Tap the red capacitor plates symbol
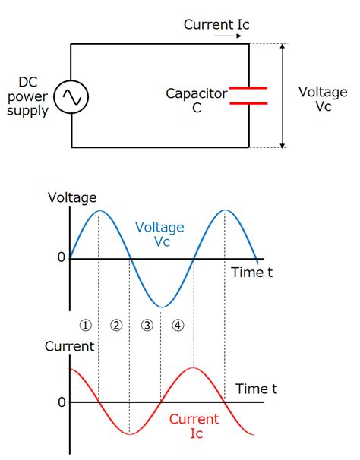pyautogui.click(x=248, y=96)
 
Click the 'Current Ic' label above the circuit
pyautogui.click(x=216, y=24)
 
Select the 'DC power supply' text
pyautogui.click(x=27, y=96)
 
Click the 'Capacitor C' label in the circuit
pyautogui.click(x=197, y=101)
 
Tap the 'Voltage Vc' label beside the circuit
pyautogui.click(x=323, y=99)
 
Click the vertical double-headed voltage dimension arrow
pyautogui.click(x=283, y=96)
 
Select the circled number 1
pyautogui.click(x=85, y=325)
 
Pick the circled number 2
pyautogui.click(x=116, y=325)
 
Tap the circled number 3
pyautogui.click(x=147, y=325)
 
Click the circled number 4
pyautogui.click(x=178, y=325)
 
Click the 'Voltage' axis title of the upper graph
pyautogui.click(x=72, y=198)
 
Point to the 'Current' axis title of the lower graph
pyautogui.click(x=69, y=347)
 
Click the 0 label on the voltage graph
pyautogui.click(x=61, y=257)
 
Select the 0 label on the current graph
pyautogui.click(x=61, y=402)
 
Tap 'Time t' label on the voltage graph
pyautogui.click(x=251, y=273)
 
